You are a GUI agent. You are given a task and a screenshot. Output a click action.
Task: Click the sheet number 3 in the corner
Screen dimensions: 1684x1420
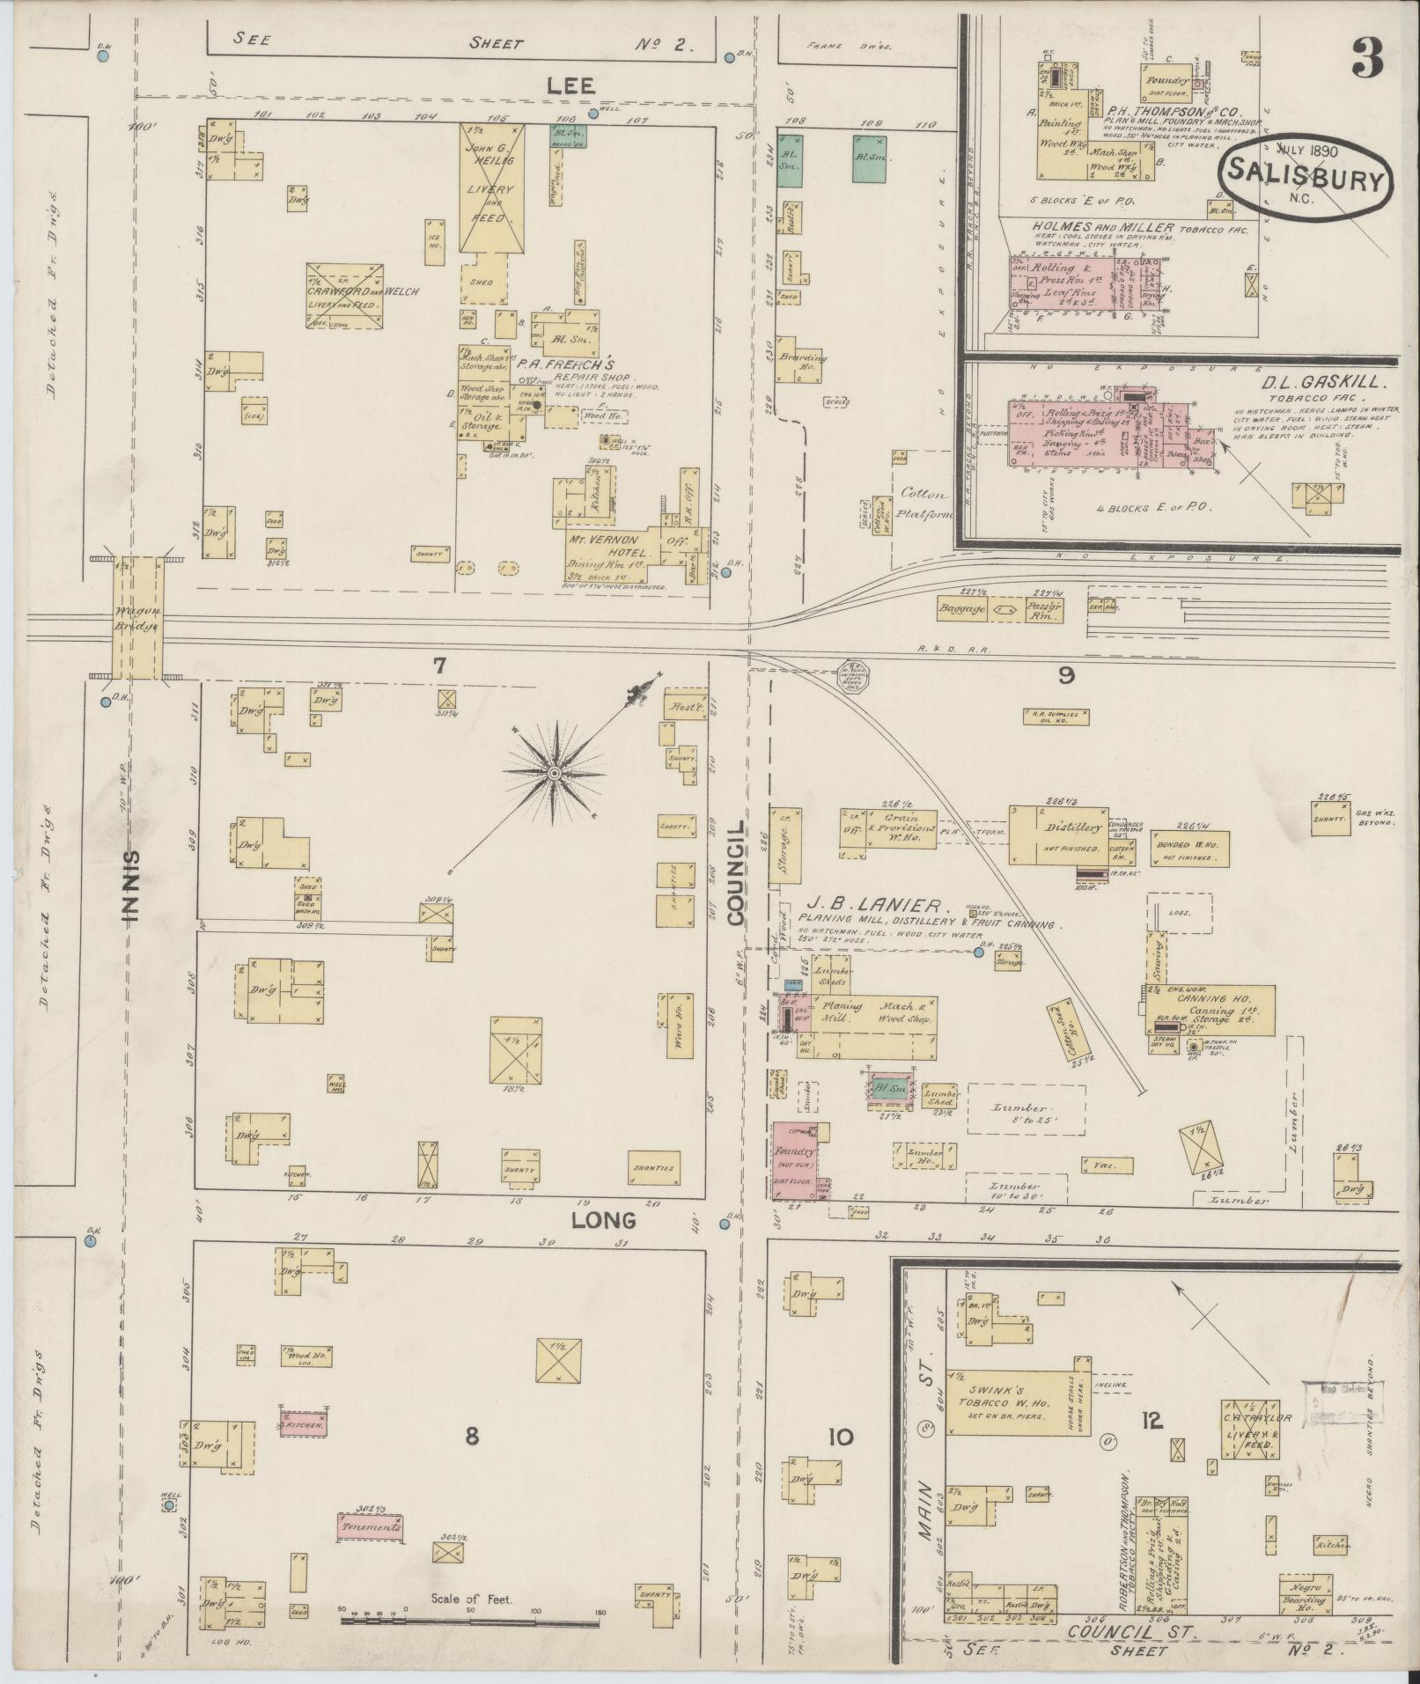tap(1365, 58)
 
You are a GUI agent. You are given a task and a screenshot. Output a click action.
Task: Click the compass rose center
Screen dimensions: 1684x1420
tap(555, 773)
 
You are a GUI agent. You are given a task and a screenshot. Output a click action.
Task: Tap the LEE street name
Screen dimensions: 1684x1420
tap(570, 85)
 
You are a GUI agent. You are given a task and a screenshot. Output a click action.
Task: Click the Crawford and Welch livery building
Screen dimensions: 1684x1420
tap(345, 296)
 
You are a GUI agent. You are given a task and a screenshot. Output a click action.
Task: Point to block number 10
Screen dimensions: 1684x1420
tap(840, 1438)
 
